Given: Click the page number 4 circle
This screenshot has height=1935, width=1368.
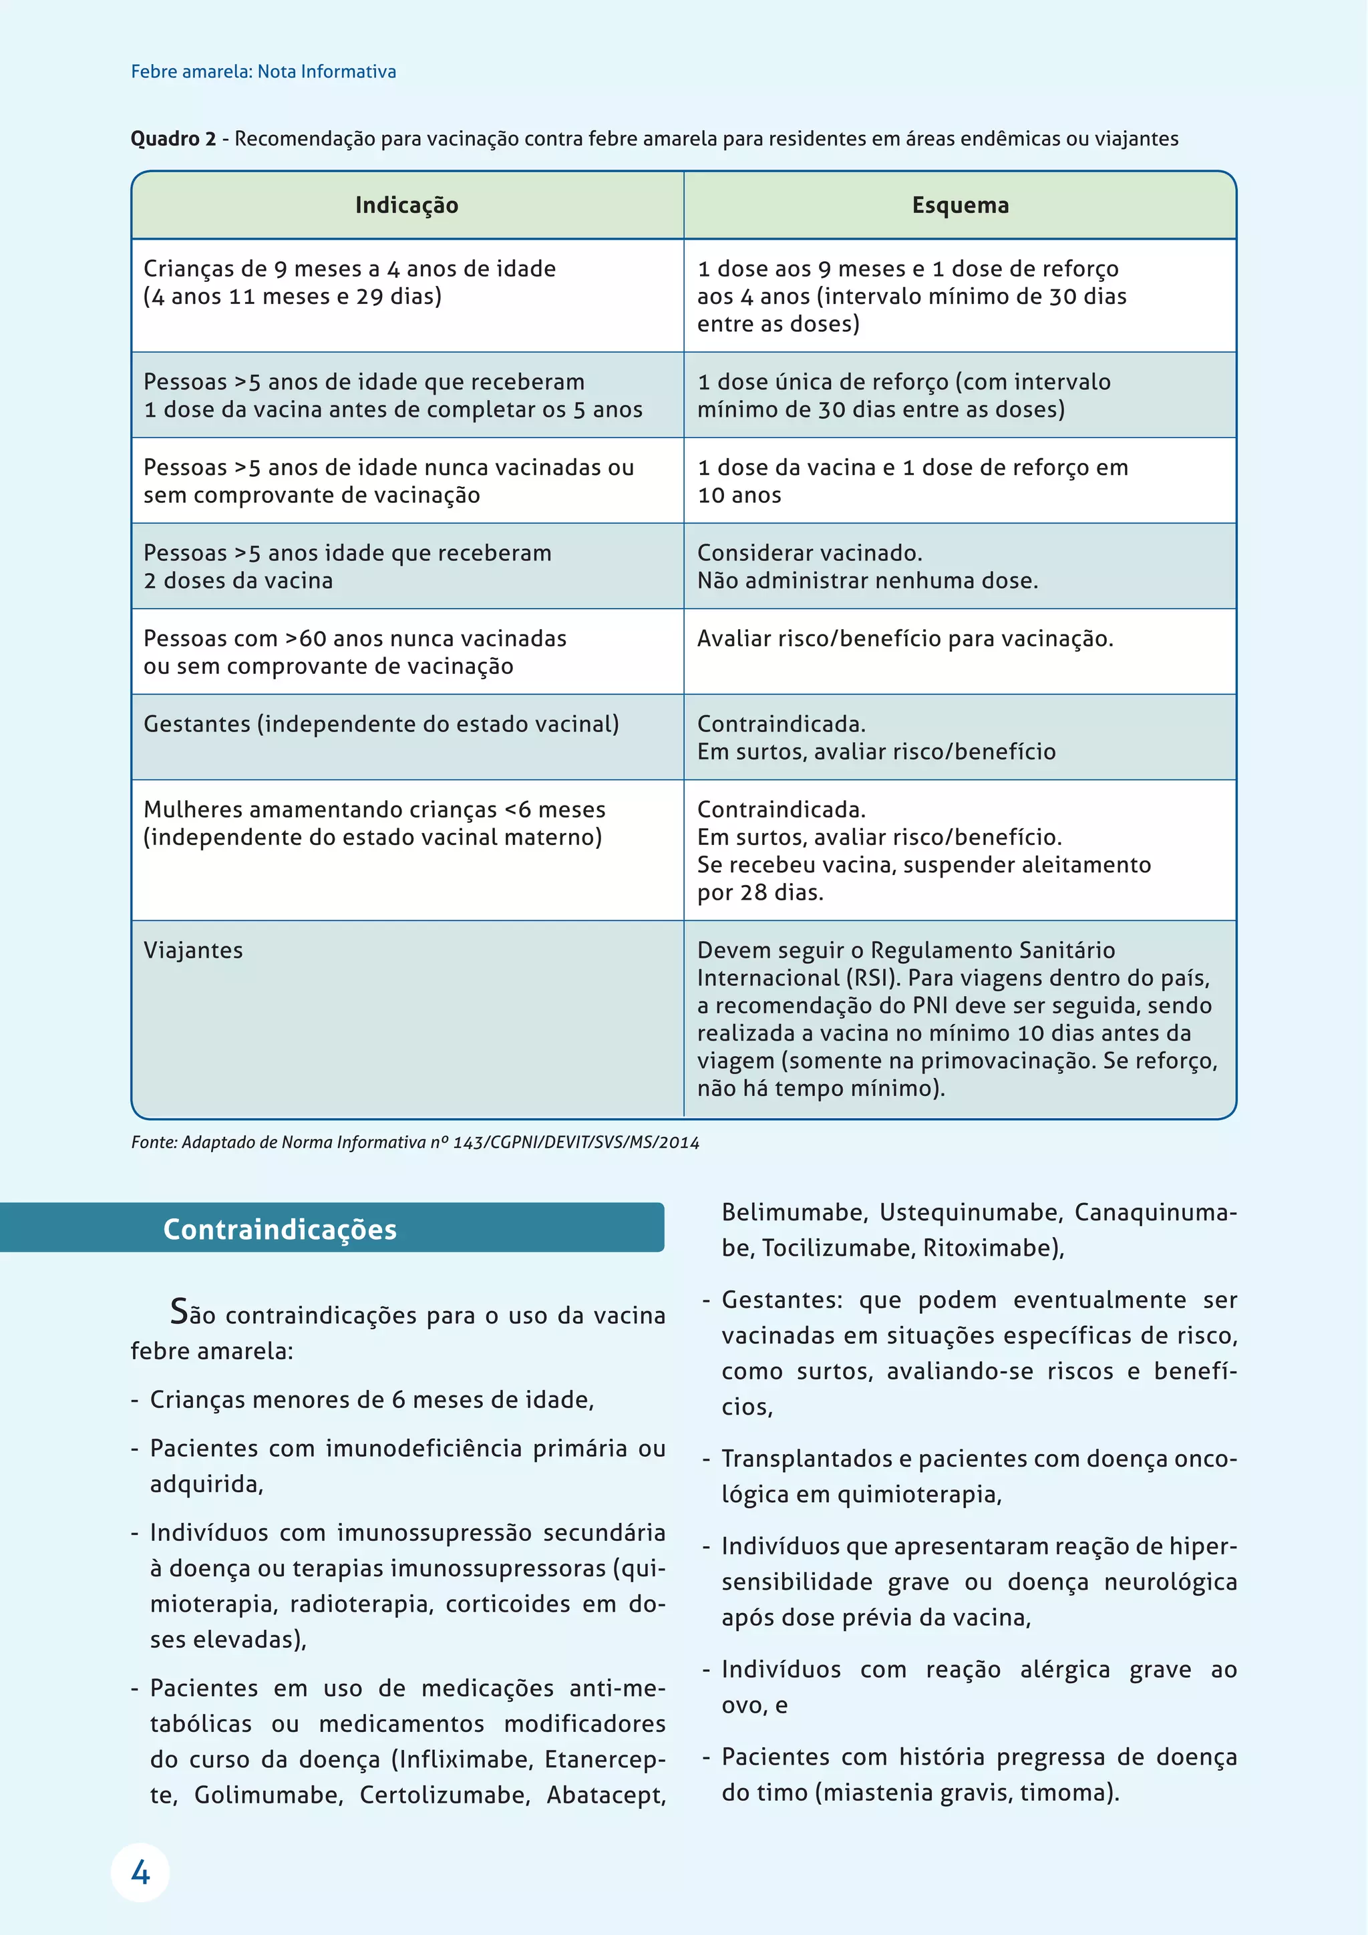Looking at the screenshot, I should tap(140, 1873).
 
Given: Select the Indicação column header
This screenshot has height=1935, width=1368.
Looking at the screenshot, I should tap(406, 206).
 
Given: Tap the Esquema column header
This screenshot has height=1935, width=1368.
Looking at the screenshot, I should tap(960, 206).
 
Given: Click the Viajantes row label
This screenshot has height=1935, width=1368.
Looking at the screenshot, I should tap(193, 950).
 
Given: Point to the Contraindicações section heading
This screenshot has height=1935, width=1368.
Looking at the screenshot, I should tap(280, 1230).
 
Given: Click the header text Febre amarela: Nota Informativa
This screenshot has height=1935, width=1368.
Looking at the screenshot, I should tap(263, 71).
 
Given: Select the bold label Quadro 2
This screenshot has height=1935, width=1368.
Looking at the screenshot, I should tap(173, 139).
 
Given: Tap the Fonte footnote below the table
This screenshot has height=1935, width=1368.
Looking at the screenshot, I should tap(415, 1143).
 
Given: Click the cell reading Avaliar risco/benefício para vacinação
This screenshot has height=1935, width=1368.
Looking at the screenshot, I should tap(904, 639).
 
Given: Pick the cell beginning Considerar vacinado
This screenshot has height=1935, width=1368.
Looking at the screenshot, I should tap(866, 566).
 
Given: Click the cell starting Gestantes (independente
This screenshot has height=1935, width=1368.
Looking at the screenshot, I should tap(381, 724).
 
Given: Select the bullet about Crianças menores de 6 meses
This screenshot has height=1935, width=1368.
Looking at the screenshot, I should tap(371, 1400).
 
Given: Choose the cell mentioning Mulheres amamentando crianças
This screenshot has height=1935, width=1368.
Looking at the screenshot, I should tap(374, 824).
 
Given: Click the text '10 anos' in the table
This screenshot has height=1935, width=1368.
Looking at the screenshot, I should tap(739, 496).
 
